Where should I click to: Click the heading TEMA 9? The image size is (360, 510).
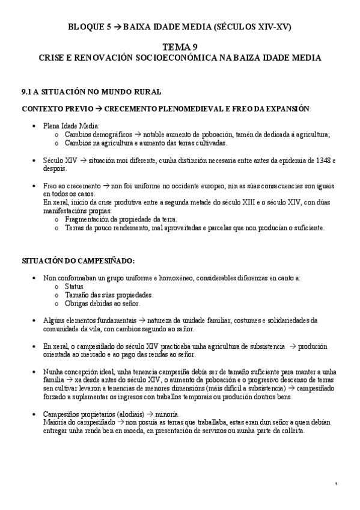180,48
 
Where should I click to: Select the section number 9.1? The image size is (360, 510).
26,93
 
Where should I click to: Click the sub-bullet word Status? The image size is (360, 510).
75,286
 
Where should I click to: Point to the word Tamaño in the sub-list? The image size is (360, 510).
78,295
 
